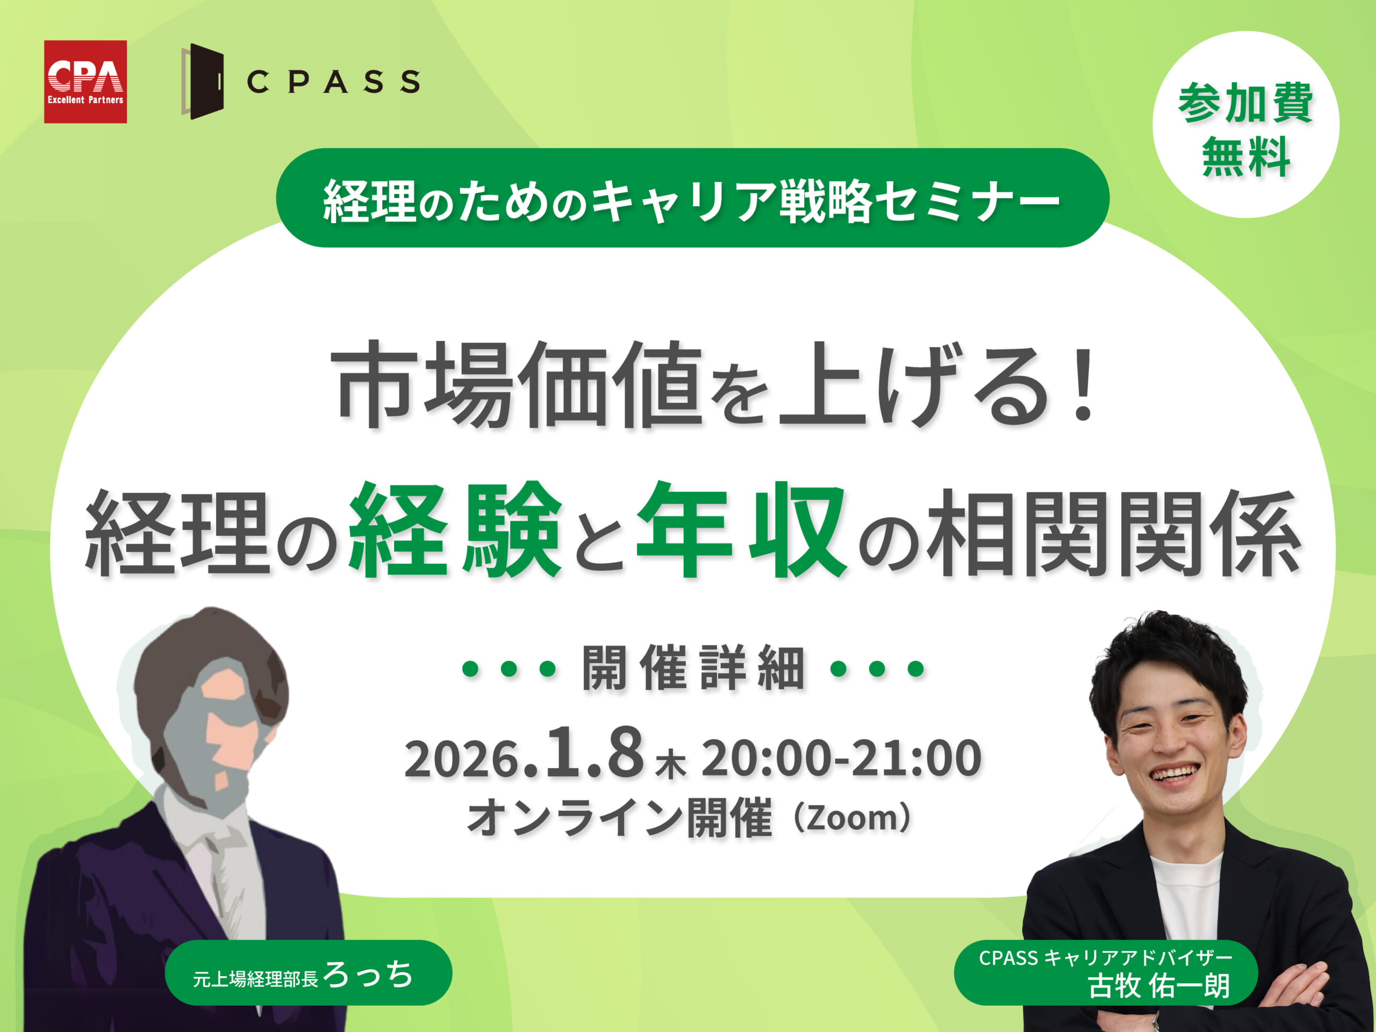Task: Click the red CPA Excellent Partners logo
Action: pyautogui.click(x=85, y=82)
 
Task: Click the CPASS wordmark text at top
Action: pyautogui.click(x=333, y=82)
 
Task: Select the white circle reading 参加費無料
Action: pyautogui.click(x=1245, y=124)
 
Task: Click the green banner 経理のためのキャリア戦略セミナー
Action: pyautogui.click(x=692, y=198)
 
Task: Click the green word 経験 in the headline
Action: pyautogui.click(x=455, y=530)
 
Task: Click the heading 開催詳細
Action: pyautogui.click(x=693, y=669)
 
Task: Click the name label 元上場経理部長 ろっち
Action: pyautogui.click(x=309, y=973)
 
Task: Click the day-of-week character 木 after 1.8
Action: pyautogui.click(x=671, y=766)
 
